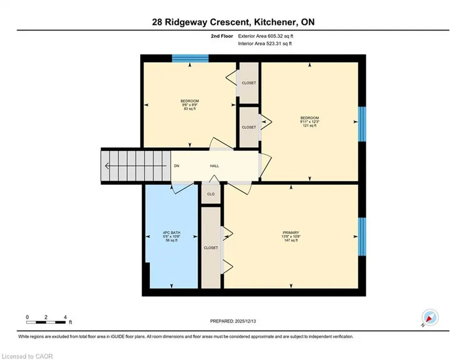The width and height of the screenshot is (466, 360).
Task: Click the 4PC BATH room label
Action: [172, 232]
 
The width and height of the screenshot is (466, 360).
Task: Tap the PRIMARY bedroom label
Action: [291, 232]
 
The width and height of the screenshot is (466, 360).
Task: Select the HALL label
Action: [214, 166]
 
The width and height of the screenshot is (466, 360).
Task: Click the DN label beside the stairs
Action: [177, 166]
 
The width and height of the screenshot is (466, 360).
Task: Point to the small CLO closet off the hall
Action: [211, 194]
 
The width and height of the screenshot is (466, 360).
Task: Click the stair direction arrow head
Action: [107, 166]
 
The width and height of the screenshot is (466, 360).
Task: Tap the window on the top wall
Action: [190, 58]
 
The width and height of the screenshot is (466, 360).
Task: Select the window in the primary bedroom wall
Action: [362, 237]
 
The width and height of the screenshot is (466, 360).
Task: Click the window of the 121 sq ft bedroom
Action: [362, 124]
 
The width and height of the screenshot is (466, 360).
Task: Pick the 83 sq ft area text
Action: [190, 109]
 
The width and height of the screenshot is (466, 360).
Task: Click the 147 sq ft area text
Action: [291, 240]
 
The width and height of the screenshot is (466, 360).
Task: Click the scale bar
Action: [46, 322]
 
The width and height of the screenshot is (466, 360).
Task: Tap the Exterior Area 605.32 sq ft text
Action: [265, 36]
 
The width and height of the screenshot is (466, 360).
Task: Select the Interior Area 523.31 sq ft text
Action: [265, 44]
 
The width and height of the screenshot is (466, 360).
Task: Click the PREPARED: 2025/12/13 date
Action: [233, 321]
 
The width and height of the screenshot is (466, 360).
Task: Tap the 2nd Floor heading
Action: [222, 36]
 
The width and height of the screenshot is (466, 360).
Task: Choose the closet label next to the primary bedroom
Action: [211, 248]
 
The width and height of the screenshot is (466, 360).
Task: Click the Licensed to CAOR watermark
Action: [27, 356]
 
